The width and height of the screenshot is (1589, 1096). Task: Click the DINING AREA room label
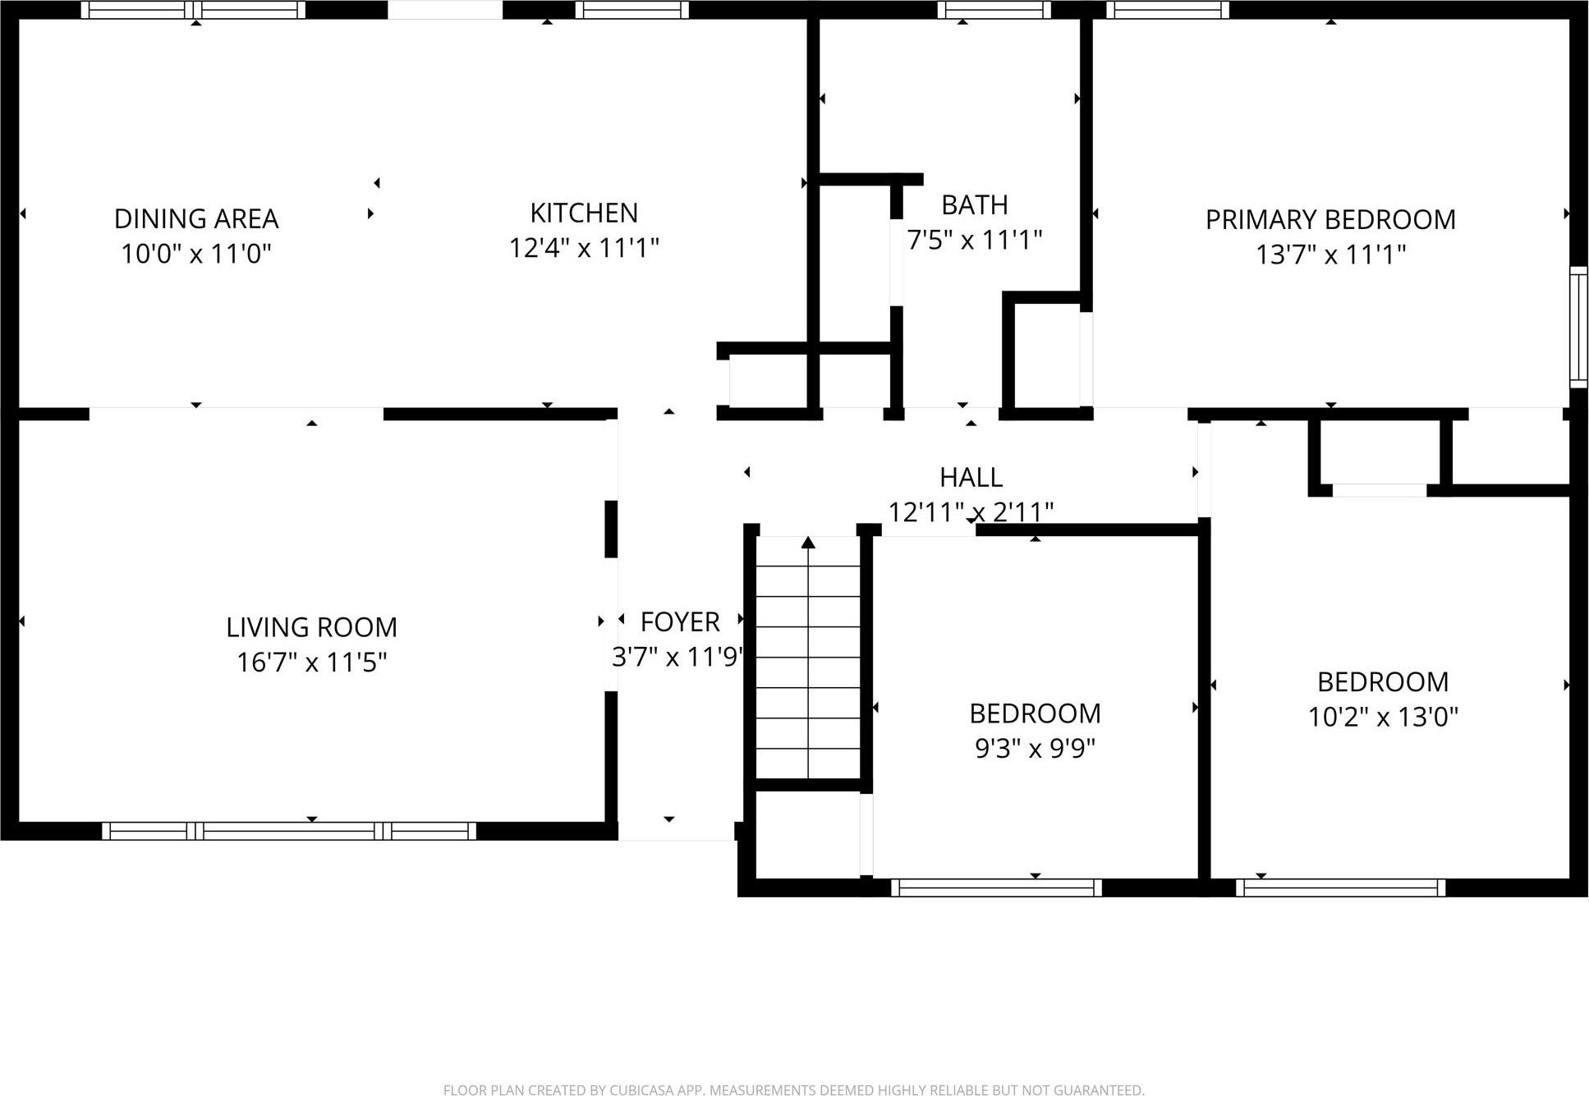196,218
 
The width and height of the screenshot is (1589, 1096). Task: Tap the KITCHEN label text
584,213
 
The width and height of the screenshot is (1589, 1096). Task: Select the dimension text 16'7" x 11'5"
311,662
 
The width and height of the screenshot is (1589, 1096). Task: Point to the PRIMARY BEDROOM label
1330,219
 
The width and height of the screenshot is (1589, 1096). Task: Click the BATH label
975,204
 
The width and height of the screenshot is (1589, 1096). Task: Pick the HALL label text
971,477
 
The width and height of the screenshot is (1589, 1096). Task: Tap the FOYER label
680,621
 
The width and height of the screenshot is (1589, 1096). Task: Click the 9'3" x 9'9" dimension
1035,748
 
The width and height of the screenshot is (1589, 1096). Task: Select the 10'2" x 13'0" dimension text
1383,717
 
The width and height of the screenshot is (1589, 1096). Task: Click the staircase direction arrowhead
808,543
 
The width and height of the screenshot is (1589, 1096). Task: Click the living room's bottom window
289,831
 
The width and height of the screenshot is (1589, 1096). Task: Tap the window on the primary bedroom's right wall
1578,326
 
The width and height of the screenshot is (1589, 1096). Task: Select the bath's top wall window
994,10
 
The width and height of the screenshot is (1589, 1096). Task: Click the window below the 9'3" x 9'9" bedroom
996,887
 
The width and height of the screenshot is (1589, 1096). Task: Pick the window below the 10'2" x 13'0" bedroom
1340,887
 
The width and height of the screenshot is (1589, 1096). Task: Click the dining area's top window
193,10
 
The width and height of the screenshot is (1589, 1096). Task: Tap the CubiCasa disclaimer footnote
793,1089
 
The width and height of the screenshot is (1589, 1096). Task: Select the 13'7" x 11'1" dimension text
1330,255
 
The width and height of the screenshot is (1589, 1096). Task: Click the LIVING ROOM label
311,627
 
